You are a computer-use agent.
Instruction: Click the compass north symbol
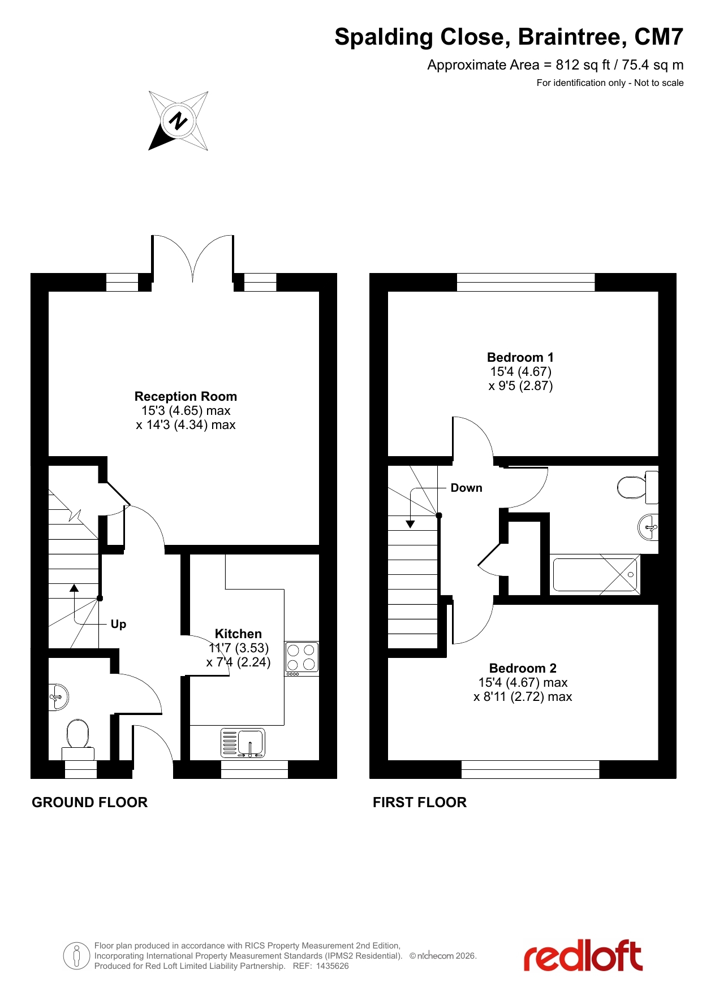(178, 121)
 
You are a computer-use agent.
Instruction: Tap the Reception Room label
(186, 396)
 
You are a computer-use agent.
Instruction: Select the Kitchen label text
(238, 634)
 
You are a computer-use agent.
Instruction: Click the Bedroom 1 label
(520, 357)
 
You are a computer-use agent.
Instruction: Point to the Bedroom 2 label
(523, 668)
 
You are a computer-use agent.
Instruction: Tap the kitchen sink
(243, 743)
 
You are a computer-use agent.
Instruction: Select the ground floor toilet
(78, 739)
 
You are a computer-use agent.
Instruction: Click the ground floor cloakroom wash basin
(59, 696)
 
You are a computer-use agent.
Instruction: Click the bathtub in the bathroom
(595, 574)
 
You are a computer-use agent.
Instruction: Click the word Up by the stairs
(118, 624)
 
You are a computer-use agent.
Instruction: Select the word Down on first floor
(467, 488)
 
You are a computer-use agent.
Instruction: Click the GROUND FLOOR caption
(89, 802)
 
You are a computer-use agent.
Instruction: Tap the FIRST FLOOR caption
(420, 802)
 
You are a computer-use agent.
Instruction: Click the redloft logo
(583, 955)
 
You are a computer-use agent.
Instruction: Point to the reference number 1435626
(333, 966)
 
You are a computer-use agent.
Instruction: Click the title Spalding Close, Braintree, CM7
(509, 37)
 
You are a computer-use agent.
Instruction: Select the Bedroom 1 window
(526, 282)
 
